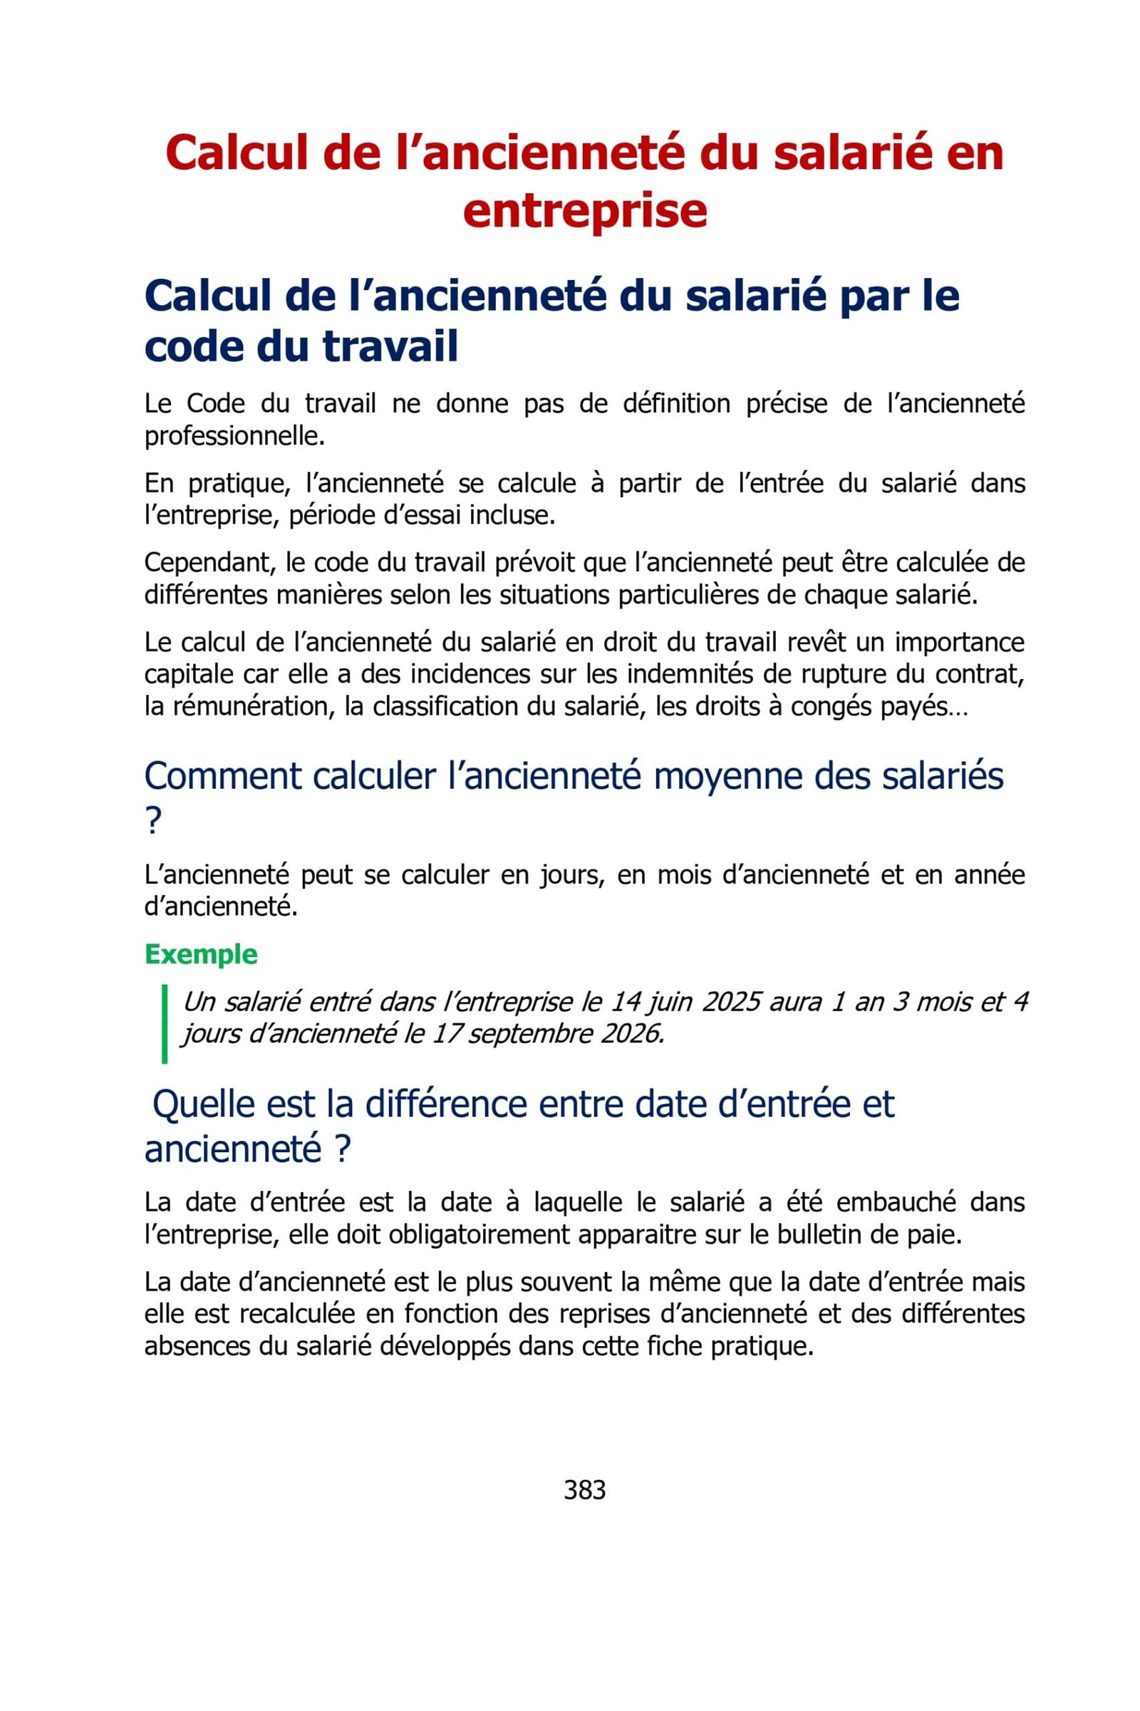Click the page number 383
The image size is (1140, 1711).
(584, 1490)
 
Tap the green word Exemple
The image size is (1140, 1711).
(202, 955)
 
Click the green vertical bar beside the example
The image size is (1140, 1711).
(165, 1024)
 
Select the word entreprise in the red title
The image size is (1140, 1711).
(584, 211)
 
